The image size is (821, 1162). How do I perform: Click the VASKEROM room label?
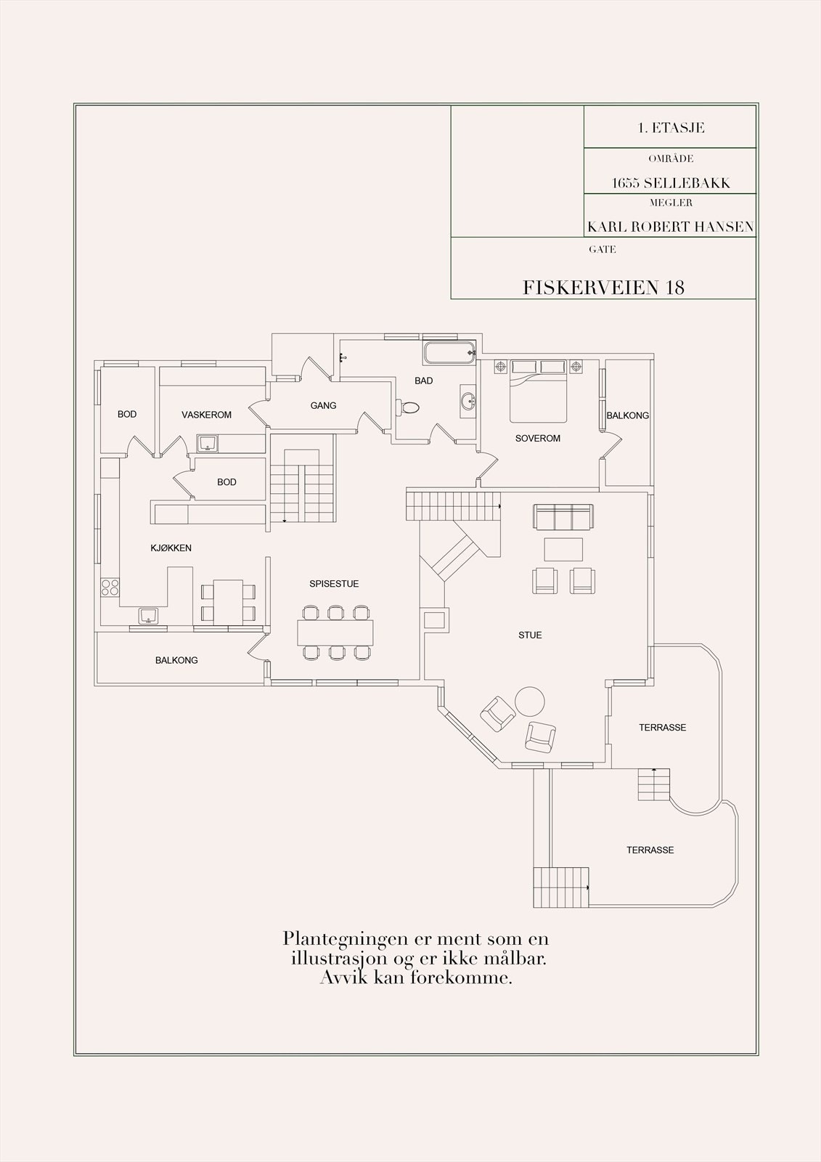pos(206,415)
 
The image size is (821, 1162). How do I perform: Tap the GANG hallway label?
pos(323,405)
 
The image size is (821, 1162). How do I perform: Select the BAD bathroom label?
pos(423,381)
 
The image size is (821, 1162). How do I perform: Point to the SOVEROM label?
pos(537,439)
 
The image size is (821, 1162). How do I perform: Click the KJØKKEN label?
pos(171,548)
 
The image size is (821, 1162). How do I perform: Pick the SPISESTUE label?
pos(334,584)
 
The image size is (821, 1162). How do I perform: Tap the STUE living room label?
pos(529,635)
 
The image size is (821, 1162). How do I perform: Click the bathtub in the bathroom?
pos(449,353)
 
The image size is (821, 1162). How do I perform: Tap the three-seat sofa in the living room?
pos(564,516)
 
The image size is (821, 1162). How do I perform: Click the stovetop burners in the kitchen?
pos(110,588)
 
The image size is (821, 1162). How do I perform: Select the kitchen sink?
pos(149,616)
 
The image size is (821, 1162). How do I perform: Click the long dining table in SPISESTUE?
pos(335,633)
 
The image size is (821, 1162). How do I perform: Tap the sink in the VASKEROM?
pos(208,443)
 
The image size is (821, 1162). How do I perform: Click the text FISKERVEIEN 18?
pos(603,288)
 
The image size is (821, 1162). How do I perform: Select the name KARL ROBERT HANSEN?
pos(670,227)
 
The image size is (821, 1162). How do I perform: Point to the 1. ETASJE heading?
pos(671,128)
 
